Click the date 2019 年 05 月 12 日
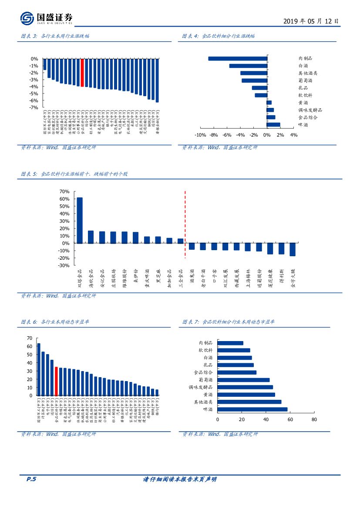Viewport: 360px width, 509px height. (x=310, y=21)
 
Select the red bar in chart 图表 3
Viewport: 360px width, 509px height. (x=82, y=73)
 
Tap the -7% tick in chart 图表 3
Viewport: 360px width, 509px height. (x=34, y=107)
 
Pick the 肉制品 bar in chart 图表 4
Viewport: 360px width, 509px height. (x=238, y=59)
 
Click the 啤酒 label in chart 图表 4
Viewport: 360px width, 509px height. (x=303, y=125)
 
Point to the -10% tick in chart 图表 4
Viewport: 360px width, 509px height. (x=200, y=135)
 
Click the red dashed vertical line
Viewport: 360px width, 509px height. (x=185, y=224)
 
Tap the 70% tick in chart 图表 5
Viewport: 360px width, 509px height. (x=64, y=191)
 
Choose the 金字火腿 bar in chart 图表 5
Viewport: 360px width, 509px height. (x=293, y=249)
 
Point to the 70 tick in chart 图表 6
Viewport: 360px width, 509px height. (x=30, y=338)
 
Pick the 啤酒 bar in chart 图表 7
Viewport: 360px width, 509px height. (x=252, y=409)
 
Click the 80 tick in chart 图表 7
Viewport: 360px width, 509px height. (x=314, y=419)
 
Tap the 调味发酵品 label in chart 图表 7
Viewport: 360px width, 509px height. (x=200, y=387)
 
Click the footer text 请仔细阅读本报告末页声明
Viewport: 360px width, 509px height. (x=180, y=479)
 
